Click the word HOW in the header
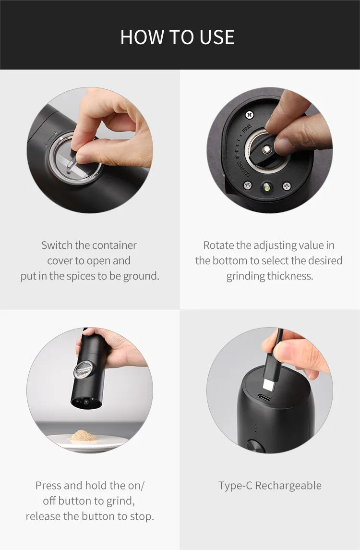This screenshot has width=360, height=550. click(x=140, y=37)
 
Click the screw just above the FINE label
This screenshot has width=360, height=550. click(x=249, y=115)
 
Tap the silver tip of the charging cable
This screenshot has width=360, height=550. click(x=268, y=384)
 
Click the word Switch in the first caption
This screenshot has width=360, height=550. click(x=57, y=245)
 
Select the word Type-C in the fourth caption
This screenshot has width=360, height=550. click(x=235, y=486)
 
